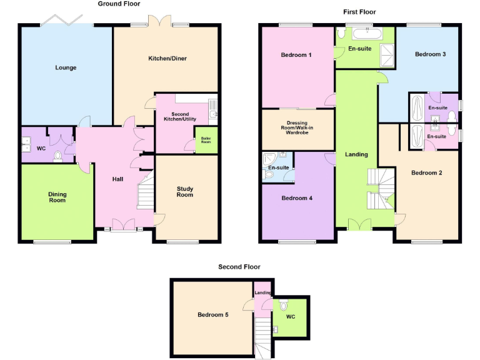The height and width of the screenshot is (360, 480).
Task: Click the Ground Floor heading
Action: point(119,4)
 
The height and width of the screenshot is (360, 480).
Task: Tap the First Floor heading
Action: point(359,12)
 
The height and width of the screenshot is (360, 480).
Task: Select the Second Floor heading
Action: point(239,267)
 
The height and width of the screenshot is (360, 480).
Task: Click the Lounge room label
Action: point(66,67)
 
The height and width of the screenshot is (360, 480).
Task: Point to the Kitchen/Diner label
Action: point(167,59)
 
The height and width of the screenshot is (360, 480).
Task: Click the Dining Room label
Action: point(57,197)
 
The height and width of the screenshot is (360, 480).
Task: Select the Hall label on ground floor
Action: point(117,179)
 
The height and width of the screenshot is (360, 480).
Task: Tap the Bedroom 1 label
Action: point(296,55)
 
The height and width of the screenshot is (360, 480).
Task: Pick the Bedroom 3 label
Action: point(431,54)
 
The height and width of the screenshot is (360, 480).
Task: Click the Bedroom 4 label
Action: point(297,198)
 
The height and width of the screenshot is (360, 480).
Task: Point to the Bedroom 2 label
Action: point(426,172)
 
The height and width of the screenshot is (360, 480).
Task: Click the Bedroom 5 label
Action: point(213,314)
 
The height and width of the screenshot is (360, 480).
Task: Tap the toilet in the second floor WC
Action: point(284,306)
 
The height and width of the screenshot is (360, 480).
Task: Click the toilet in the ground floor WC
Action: point(58,156)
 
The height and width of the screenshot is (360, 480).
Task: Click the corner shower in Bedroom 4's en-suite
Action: point(271,157)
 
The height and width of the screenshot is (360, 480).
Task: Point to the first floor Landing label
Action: point(357,154)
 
